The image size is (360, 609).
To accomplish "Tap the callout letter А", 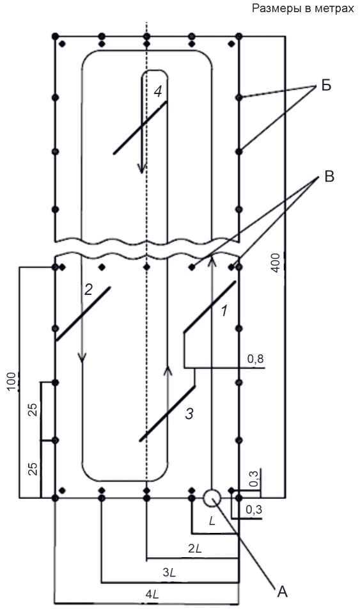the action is click(283, 592).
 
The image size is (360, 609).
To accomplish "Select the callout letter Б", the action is click(326, 85).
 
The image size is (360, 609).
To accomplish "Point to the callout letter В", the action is click(329, 177).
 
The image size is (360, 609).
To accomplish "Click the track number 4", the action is click(158, 91).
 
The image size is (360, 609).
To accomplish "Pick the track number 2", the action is click(88, 289).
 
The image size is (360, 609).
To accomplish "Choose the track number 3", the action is click(189, 414).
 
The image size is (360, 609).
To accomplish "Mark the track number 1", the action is click(224, 311).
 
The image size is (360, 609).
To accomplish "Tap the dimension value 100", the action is click(13, 382).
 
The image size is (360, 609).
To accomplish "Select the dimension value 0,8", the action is click(256, 359).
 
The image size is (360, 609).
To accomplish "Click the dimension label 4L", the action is click(153, 594).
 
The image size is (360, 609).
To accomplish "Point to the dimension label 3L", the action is click(169, 573).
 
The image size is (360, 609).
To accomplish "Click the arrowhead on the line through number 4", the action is click(142, 168).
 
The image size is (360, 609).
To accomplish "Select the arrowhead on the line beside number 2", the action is click(82, 357).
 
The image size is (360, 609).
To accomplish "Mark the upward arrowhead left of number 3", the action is click(168, 370).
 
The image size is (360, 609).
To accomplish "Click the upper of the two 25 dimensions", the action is click(34, 410).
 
